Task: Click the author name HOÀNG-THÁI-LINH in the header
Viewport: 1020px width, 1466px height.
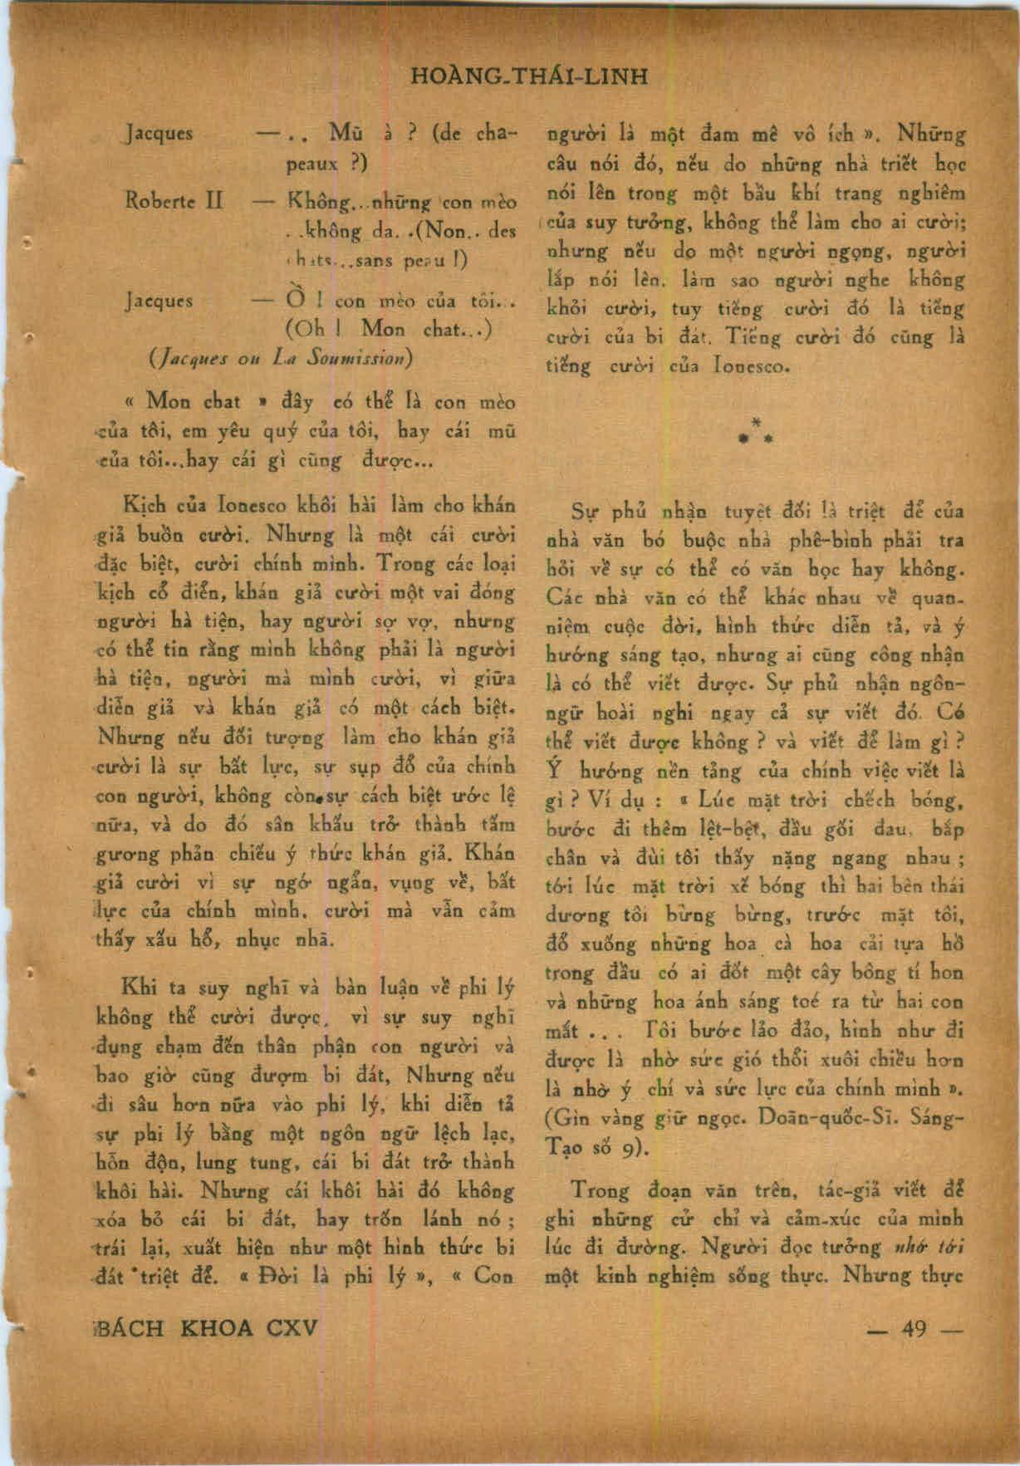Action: pyautogui.click(x=529, y=77)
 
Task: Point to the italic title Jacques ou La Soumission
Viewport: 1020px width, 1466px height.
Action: pyautogui.click(x=280, y=359)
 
